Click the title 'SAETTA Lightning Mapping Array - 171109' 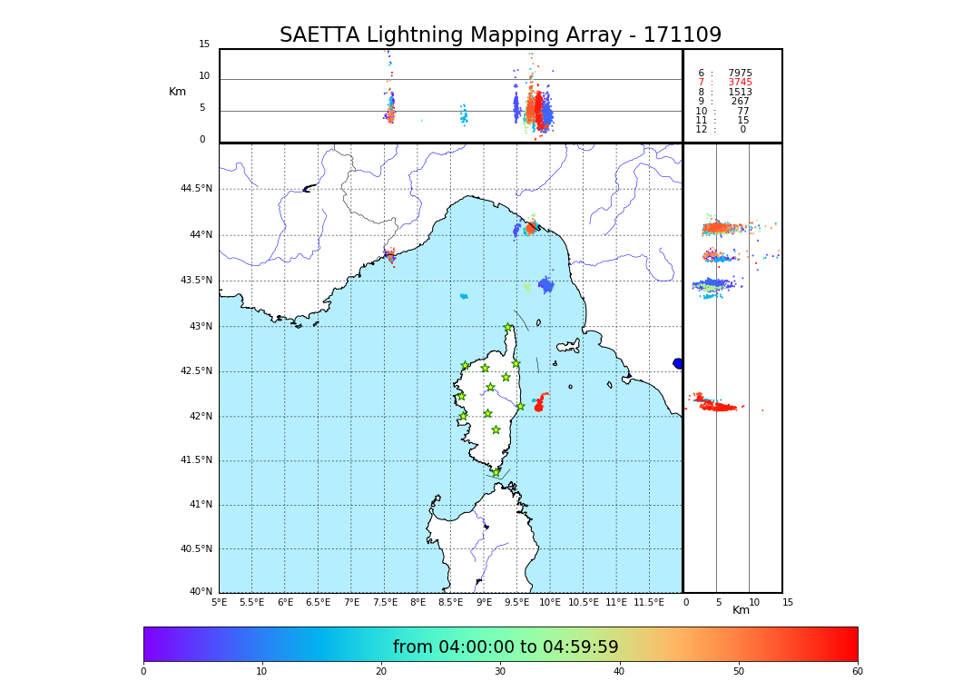click(500, 35)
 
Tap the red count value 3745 click(740, 83)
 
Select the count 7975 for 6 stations click(740, 74)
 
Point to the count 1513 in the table click(740, 93)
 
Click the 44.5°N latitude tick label click(196, 189)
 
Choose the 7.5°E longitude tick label click(385, 602)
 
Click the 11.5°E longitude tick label click(648, 602)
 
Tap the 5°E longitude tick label click(220, 602)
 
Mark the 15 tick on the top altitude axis click(204, 44)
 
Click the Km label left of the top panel click(177, 92)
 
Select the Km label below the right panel click(742, 610)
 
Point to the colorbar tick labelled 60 click(857, 671)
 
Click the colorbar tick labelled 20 click(381, 671)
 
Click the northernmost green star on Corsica click(508, 328)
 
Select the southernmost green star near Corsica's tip click(496, 472)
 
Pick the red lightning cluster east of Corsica click(539, 405)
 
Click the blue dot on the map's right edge click(678, 363)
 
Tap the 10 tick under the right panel click(754, 602)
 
